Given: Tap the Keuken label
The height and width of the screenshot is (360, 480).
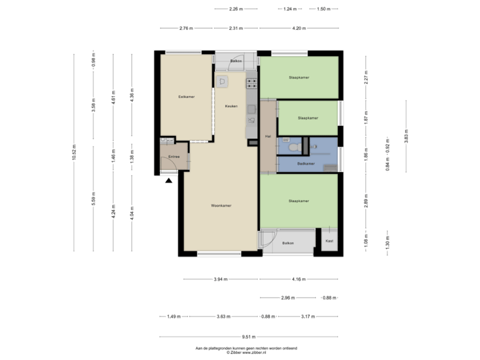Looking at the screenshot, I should pos(231,106).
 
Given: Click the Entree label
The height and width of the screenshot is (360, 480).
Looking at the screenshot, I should pos(173,156).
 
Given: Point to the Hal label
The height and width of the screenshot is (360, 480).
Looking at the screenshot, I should pos(267,136).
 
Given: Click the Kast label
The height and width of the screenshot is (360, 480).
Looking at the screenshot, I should pos(329,241).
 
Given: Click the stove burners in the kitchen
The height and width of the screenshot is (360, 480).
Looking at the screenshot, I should pos(252,84).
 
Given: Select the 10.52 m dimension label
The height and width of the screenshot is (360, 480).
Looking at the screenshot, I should pos(74,153).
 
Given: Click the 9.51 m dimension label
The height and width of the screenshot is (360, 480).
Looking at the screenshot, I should pos(249,337).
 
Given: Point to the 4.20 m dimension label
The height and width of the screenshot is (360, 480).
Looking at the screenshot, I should pos(299,29).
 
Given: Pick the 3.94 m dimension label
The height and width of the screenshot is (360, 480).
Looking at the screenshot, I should pos(221,279).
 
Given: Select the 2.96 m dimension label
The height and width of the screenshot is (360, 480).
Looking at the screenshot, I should pos(288,297).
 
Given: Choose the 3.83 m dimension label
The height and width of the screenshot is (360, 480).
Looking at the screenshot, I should pos(406,135).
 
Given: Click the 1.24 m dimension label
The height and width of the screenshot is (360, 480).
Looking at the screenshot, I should pos(289,9).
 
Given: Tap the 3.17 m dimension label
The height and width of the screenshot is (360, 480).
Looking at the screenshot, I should pos(308,317).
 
